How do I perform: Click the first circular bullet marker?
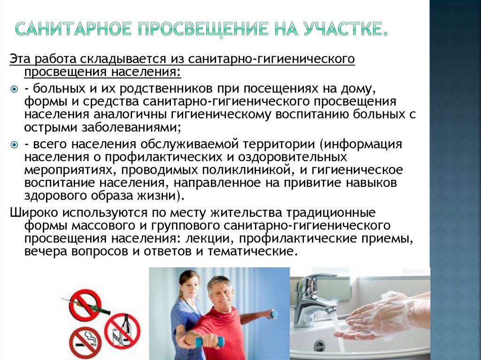[x=14, y=89]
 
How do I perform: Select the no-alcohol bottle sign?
[x=122, y=330]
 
